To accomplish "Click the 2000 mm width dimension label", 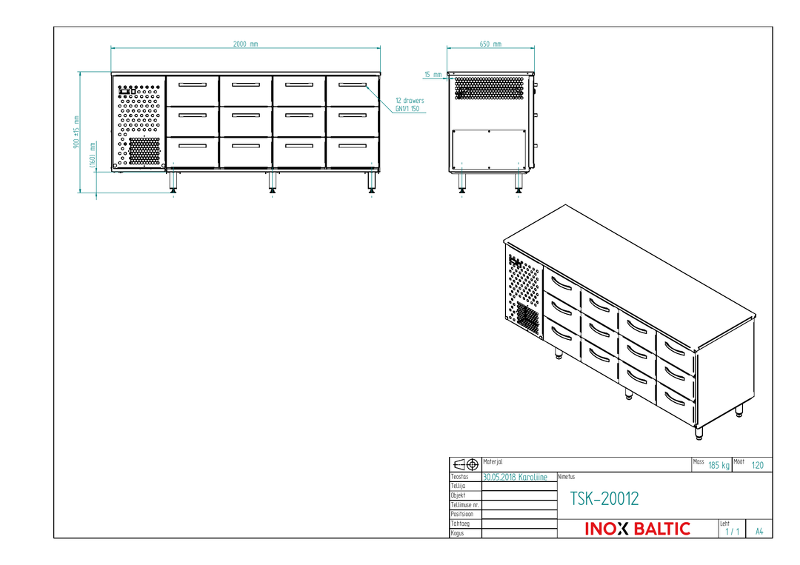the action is click(x=245, y=44).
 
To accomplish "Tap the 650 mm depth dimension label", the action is click(x=490, y=44).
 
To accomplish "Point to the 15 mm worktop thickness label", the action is click(x=433, y=75).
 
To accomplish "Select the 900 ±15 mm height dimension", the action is click(x=76, y=132).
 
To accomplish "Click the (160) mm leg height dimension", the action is click(x=93, y=155).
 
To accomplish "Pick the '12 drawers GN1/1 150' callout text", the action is click(x=410, y=104).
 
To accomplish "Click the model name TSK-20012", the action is click(x=604, y=498).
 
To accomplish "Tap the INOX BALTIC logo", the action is click(x=637, y=529).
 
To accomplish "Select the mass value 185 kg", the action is click(x=719, y=465).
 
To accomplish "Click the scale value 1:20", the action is click(x=758, y=465).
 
